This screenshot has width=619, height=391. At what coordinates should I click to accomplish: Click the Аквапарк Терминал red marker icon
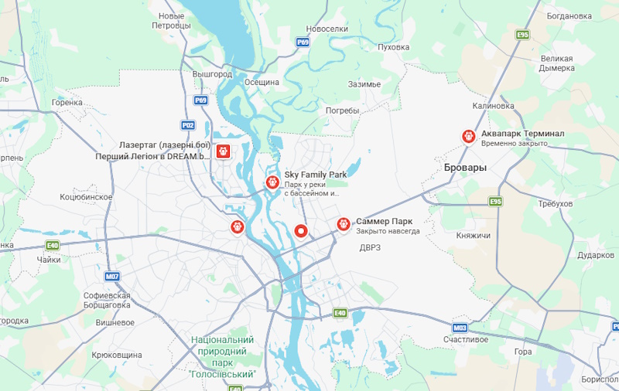[x=468, y=136]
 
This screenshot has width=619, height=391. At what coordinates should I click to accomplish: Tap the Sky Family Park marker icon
[x=272, y=182]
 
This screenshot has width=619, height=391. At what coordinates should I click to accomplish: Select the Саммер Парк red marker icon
[x=344, y=224]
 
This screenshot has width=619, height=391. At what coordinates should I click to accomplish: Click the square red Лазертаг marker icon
[x=224, y=151]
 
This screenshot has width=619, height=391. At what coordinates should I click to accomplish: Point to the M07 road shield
[x=112, y=276]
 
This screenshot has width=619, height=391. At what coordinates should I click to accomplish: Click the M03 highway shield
[x=460, y=328]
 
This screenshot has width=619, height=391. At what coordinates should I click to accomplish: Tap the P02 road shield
[x=188, y=124]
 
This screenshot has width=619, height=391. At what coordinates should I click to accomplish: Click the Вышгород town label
[x=212, y=74]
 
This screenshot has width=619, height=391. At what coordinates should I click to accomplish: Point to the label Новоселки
[x=323, y=28]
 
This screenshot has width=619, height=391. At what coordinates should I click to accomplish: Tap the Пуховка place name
[x=392, y=47]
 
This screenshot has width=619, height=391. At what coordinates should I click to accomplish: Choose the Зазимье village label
[x=364, y=84]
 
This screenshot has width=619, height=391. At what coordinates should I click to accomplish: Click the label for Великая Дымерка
[x=557, y=63]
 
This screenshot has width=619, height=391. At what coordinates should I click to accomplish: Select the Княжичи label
[x=474, y=235]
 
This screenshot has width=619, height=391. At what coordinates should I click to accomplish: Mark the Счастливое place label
[x=466, y=339]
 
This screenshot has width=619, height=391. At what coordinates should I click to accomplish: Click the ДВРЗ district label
[x=371, y=248]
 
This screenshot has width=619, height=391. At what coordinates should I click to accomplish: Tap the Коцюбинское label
[x=86, y=197]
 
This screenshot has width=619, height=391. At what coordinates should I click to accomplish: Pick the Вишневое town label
[x=115, y=322]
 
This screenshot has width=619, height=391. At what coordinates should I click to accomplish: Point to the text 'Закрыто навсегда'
[x=388, y=231]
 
